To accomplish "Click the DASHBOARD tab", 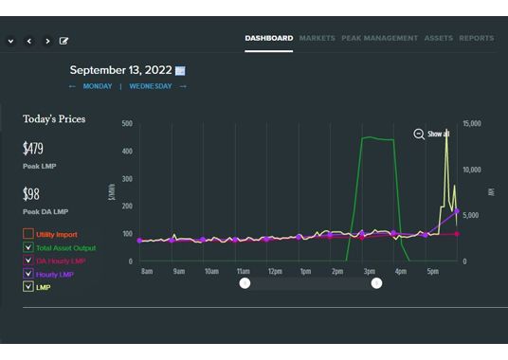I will [x=269, y=39].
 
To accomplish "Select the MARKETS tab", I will [x=317, y=39].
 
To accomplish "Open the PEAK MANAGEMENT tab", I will [x=379, y=39].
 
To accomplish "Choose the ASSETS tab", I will [x=439, y=39].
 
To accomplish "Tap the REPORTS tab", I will [x=476, y=39].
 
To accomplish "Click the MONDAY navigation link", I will [x=97, y=86].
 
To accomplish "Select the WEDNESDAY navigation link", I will [x=151, y=86].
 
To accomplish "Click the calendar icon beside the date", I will [x=180, y=71].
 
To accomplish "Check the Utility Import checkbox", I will [x=27, y=234].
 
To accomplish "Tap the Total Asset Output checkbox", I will [x=27, y=247].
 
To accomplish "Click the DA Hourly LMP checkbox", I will [x=27, y=261].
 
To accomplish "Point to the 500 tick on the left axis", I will [x=127, y=123].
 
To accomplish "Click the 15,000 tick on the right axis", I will [x=472, y=123].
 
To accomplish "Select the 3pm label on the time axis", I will [x=370, y=271].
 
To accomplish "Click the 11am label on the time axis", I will [x=243, y=271].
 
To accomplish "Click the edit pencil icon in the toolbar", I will [x=64, y=42].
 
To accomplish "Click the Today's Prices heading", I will [x=54, y=119].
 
